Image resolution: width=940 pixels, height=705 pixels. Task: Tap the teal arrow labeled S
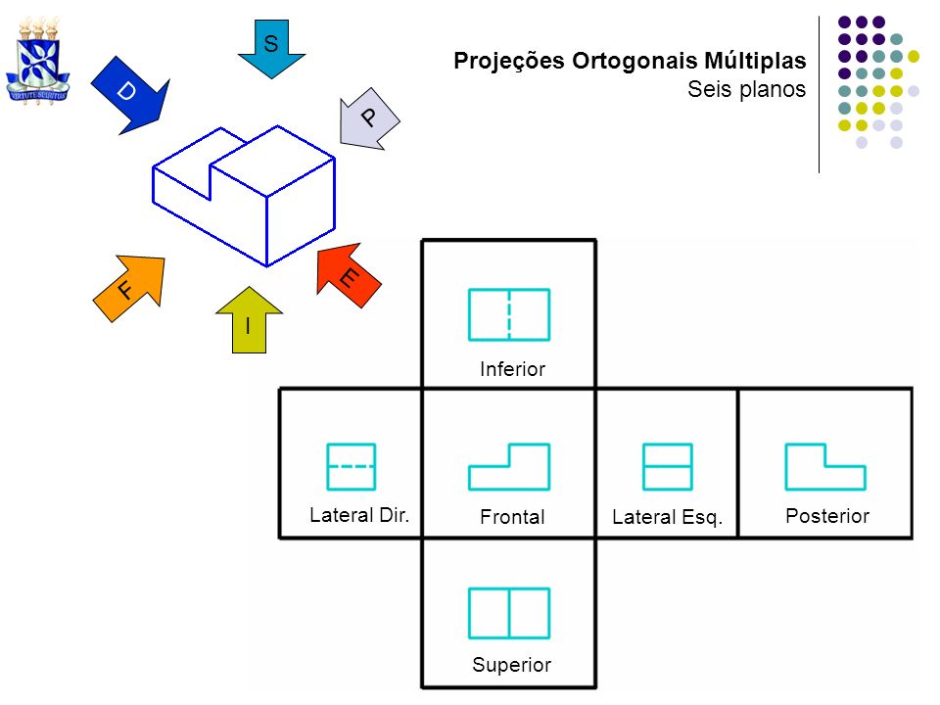271,49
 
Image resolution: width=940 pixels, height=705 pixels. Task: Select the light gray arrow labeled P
368,118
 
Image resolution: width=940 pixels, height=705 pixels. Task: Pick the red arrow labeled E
349,275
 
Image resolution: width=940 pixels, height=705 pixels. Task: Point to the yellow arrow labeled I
249,320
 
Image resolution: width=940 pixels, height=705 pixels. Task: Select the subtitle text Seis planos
746,89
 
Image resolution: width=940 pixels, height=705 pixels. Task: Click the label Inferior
512,369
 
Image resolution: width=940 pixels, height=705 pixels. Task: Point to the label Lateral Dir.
359,515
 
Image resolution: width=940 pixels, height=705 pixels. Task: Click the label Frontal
512,517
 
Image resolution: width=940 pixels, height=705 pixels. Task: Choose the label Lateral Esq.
667,517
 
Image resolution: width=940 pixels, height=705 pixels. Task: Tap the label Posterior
827,516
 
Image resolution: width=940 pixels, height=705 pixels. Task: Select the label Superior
511,665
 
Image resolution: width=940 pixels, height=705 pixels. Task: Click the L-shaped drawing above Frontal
509,466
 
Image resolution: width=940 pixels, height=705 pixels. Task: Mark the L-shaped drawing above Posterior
825,466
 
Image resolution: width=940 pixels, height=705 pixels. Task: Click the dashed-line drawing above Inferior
509,314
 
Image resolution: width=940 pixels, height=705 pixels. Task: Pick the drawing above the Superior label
509,613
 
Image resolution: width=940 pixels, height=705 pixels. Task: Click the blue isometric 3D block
244,196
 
